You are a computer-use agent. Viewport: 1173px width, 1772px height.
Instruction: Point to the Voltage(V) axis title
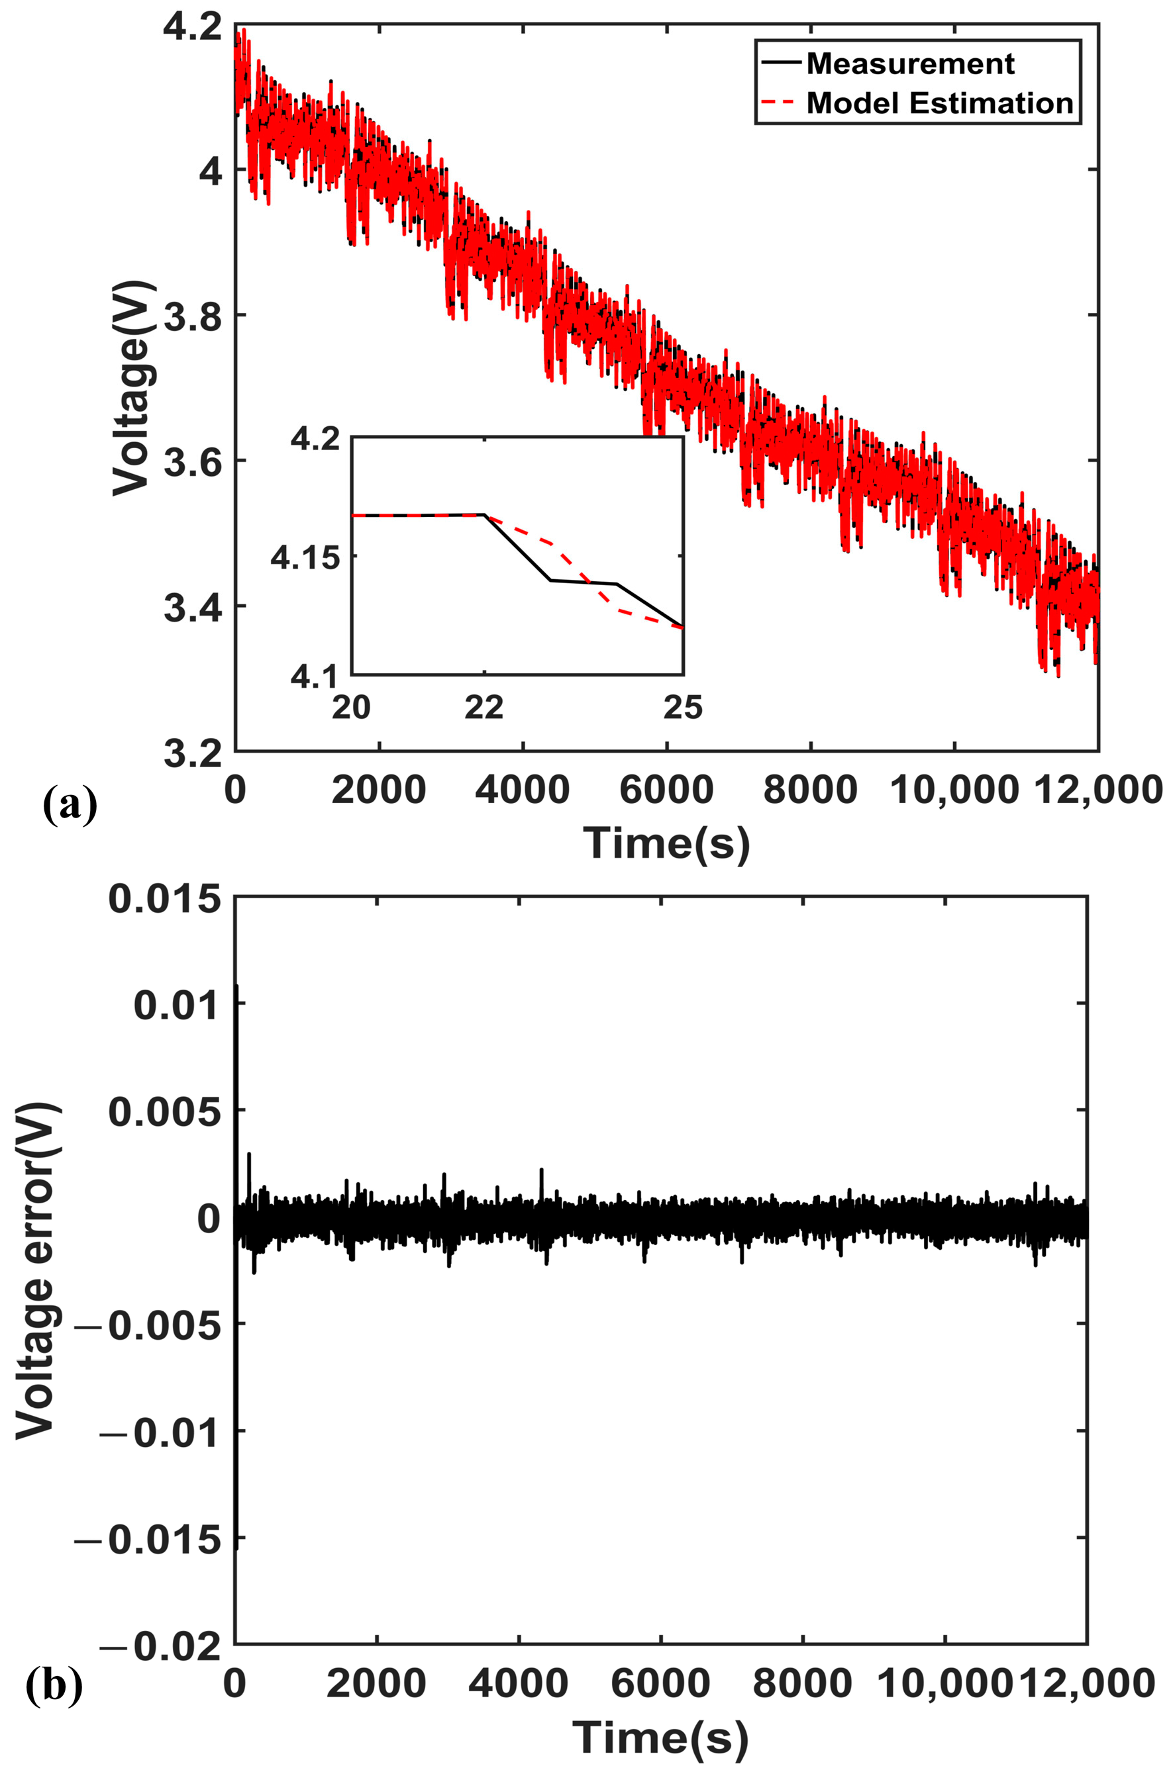click(x=132, y=388)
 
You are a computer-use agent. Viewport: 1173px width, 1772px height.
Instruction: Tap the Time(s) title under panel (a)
click(x=666, y=843)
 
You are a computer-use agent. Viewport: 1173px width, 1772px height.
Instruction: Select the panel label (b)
click(x=54, y=1685)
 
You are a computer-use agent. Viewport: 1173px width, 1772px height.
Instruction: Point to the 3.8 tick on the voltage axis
click(x=192, y=316)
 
